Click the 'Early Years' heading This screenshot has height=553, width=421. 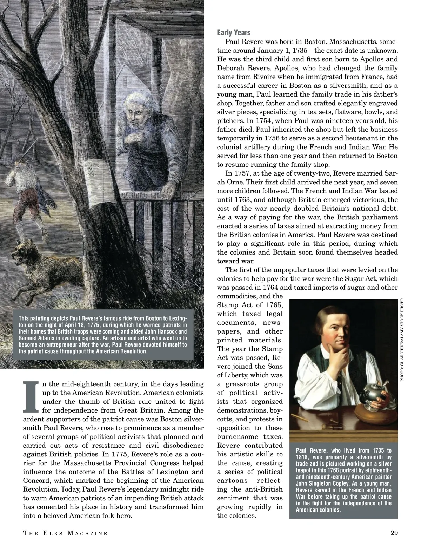pyautogui.click(x=234, y=33)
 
